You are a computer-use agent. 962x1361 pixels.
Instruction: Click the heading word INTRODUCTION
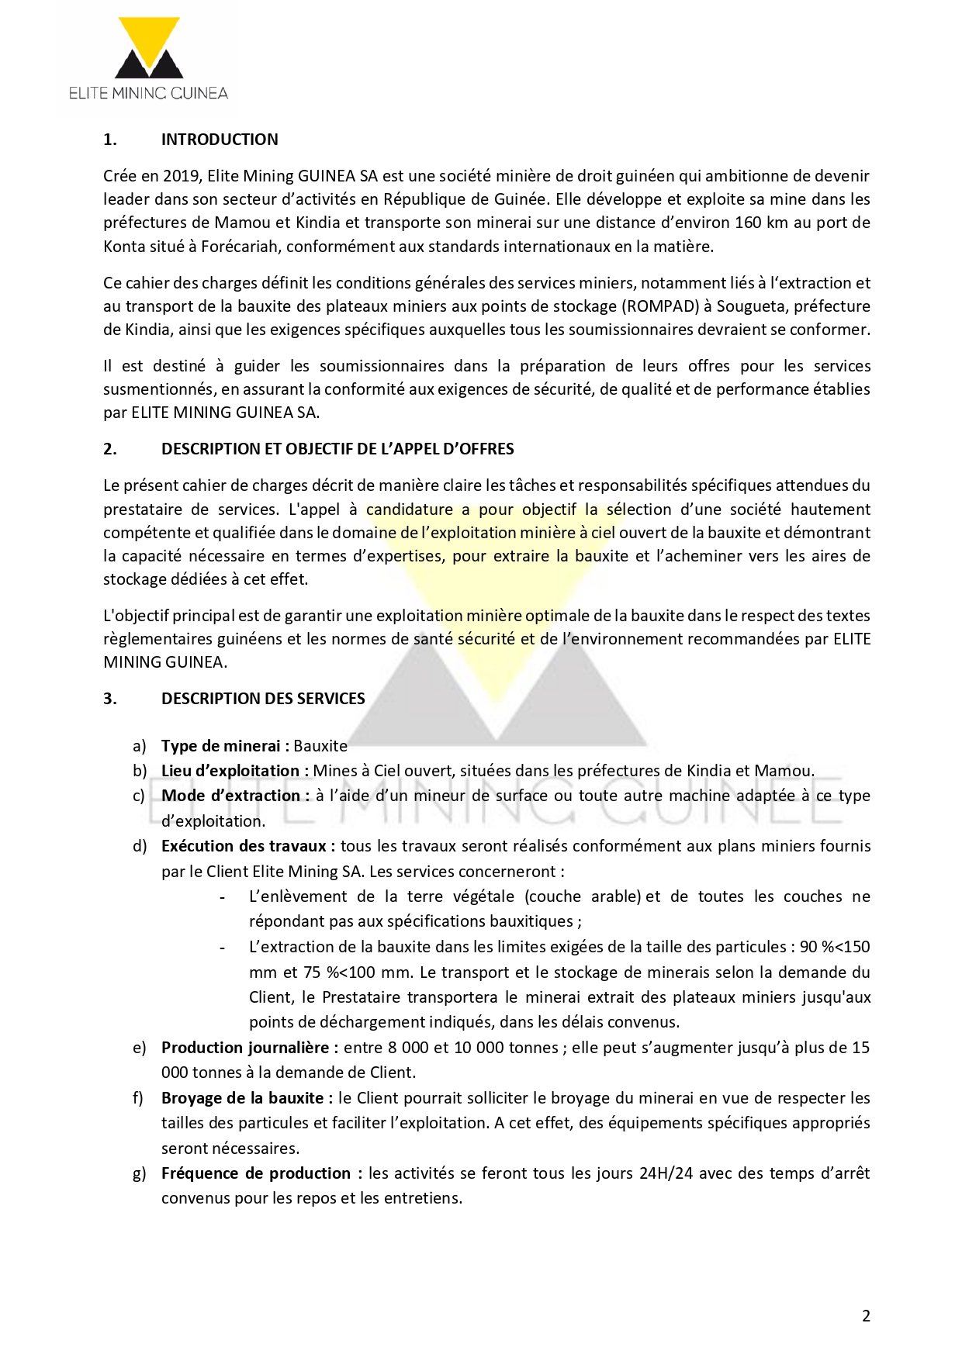[x=220, y=140]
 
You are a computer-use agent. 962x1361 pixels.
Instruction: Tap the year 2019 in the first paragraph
[x=182, y=176]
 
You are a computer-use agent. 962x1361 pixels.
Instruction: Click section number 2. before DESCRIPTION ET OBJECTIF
[x=110, y=449]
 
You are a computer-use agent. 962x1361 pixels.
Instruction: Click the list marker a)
[x=140, y=746]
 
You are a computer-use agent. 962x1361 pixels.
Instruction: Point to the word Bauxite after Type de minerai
[x=320, y=746]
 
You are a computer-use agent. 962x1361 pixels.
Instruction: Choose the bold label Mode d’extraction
[x=230, y=796]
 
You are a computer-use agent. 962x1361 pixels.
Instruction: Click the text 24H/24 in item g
[x=666, y=1173]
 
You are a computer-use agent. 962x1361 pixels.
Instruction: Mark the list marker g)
[x=140, y=1173]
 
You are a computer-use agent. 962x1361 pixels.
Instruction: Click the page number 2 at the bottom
[x=866, y=1315]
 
